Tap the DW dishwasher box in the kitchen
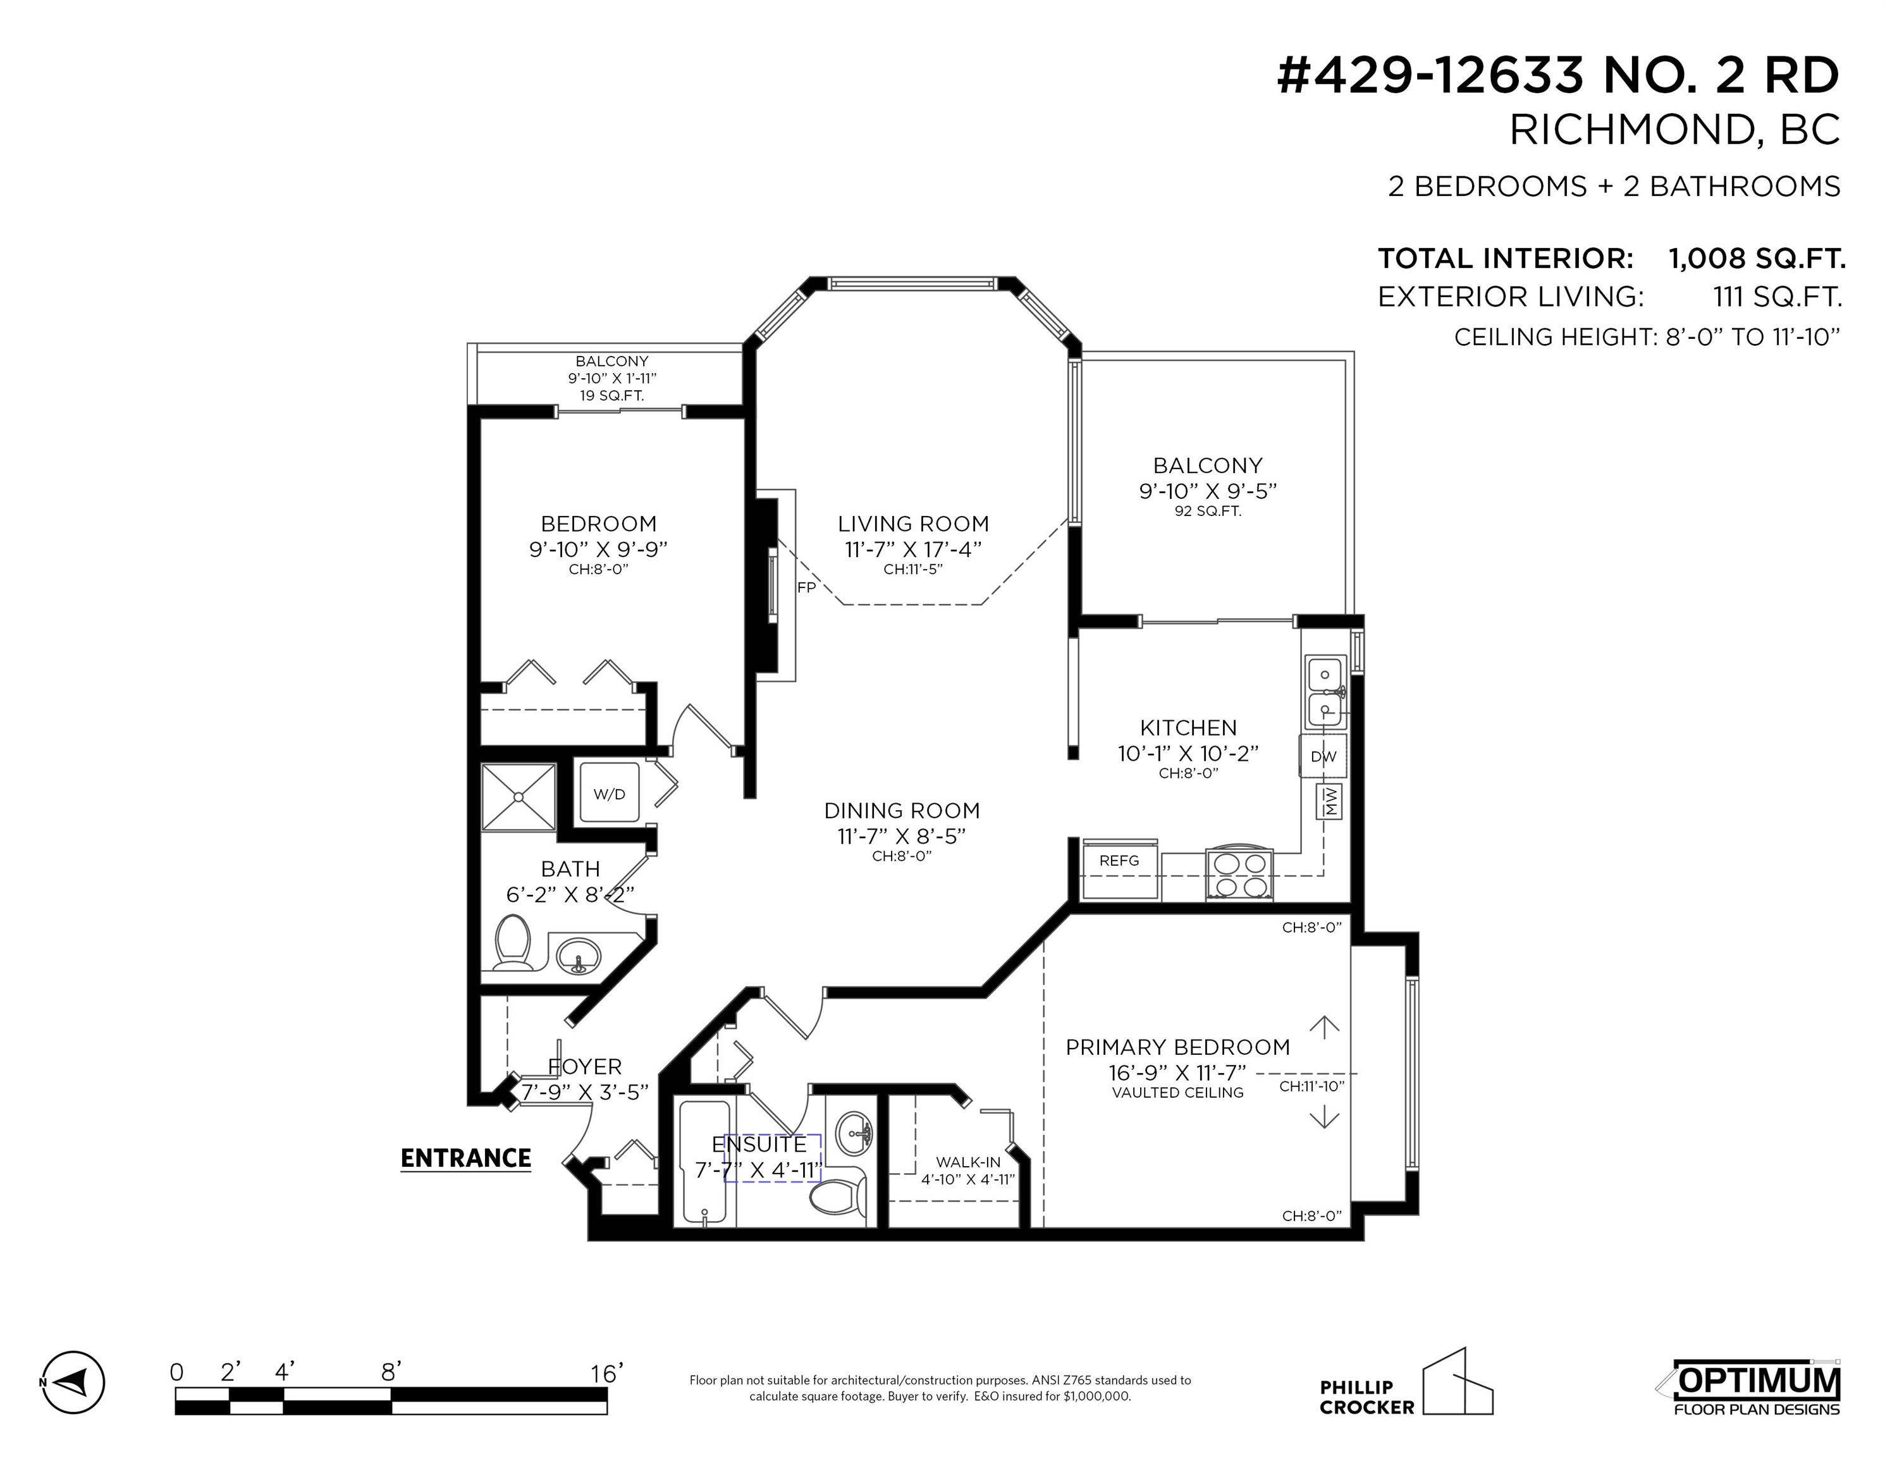click(1323, 756)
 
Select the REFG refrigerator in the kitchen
click(1119, 868)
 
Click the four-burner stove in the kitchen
click(1239, 875)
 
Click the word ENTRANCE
click(465, 1159)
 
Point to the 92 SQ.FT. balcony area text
click(1208, 511)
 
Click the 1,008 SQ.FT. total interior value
click(1757, 258)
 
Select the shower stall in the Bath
click(518, 797)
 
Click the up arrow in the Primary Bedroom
click(1324, 1026)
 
